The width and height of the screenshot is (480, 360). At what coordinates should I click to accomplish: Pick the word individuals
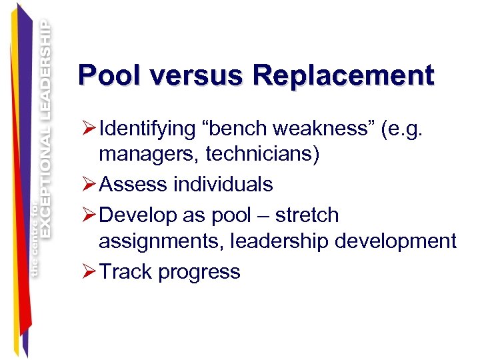pyautogui.click(x=223, y=183)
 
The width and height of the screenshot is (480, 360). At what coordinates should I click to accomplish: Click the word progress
pyautogui.click(x=200, y=273)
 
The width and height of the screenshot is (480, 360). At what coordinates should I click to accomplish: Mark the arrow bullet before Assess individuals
pyautogui.click(x=87, y=183)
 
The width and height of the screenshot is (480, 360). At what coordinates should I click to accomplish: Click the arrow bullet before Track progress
pyautogui.click(x=87, y=271)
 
